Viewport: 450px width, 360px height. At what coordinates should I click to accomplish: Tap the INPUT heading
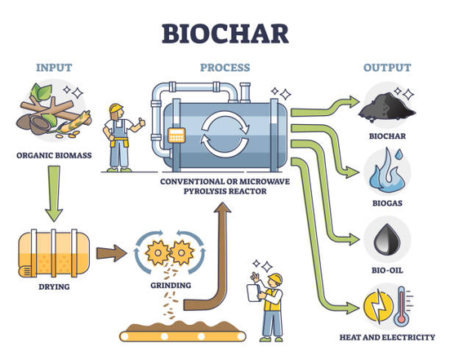coord(53,67)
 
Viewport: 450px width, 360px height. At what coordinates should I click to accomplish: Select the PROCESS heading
coord(224,67)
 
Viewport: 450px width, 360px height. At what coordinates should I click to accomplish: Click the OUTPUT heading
coord(387,67)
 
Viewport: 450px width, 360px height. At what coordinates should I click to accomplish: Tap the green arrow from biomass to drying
coord(53,194)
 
